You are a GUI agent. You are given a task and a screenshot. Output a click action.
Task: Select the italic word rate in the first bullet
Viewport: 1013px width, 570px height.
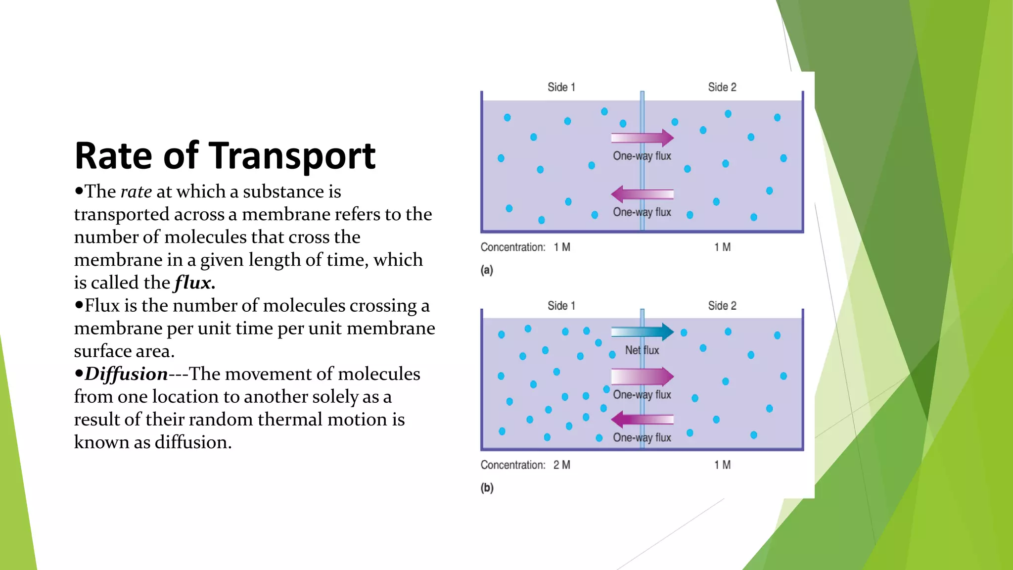136,191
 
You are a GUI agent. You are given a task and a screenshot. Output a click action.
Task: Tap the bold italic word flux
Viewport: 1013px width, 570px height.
194,283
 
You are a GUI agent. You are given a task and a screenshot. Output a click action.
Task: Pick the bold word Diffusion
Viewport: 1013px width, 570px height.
126,374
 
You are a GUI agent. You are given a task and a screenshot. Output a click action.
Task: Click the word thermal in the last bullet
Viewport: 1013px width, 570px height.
290,420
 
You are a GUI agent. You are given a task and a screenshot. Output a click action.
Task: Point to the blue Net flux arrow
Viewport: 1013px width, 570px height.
642,332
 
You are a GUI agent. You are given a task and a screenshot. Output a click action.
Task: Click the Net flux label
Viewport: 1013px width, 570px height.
642,350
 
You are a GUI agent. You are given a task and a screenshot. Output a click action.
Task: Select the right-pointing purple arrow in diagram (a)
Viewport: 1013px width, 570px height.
642,138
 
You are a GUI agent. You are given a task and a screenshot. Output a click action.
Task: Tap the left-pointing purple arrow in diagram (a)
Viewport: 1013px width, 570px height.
642,194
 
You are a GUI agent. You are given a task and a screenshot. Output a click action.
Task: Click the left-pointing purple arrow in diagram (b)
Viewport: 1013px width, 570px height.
642,420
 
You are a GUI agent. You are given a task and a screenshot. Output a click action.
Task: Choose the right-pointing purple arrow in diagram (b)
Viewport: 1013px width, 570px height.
642,377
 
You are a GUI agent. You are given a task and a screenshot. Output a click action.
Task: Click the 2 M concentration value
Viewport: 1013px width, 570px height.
562,465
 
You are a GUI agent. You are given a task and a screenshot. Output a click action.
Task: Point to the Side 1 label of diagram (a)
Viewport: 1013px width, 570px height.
561,88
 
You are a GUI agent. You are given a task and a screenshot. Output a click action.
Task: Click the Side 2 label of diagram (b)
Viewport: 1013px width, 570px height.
722,306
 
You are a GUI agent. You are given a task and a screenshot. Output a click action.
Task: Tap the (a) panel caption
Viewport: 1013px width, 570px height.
487,270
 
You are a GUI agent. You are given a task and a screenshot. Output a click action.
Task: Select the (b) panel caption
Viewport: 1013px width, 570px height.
487,488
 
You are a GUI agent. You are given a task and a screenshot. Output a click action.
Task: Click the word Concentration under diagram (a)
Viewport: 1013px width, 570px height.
513,247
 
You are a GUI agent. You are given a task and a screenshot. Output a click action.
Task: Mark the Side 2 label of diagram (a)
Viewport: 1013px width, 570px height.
722,88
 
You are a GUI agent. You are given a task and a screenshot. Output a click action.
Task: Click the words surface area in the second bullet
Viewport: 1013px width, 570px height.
124,351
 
